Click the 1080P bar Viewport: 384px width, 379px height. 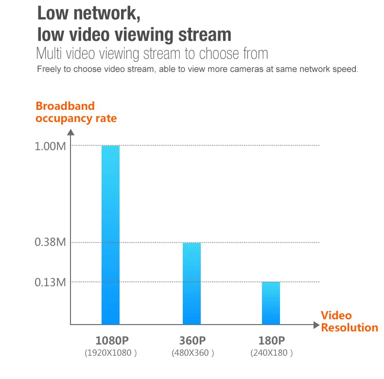[x=110, y=235]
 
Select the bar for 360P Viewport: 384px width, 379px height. [x=192, y=283]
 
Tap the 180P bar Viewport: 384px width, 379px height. [x=271, y=303]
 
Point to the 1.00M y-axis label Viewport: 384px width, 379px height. [x=50, y=146]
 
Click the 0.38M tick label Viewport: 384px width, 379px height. [x=50, y=242]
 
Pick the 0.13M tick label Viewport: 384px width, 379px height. [x=50, y=282]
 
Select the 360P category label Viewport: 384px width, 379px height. [x=192, y=340]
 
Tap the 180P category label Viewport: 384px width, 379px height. [x=271, y=340]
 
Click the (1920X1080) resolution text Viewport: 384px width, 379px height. [x=111, y=353]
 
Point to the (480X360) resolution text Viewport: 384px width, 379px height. [x=192, y=353]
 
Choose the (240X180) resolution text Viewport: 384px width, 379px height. [x=271, y=353]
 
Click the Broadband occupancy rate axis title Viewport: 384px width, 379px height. [x=76, y=112]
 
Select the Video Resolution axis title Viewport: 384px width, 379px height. [x=349, y=321]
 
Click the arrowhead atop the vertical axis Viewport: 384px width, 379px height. [x=71, y=132]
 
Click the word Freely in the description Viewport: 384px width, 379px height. [x=49, y=69]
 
